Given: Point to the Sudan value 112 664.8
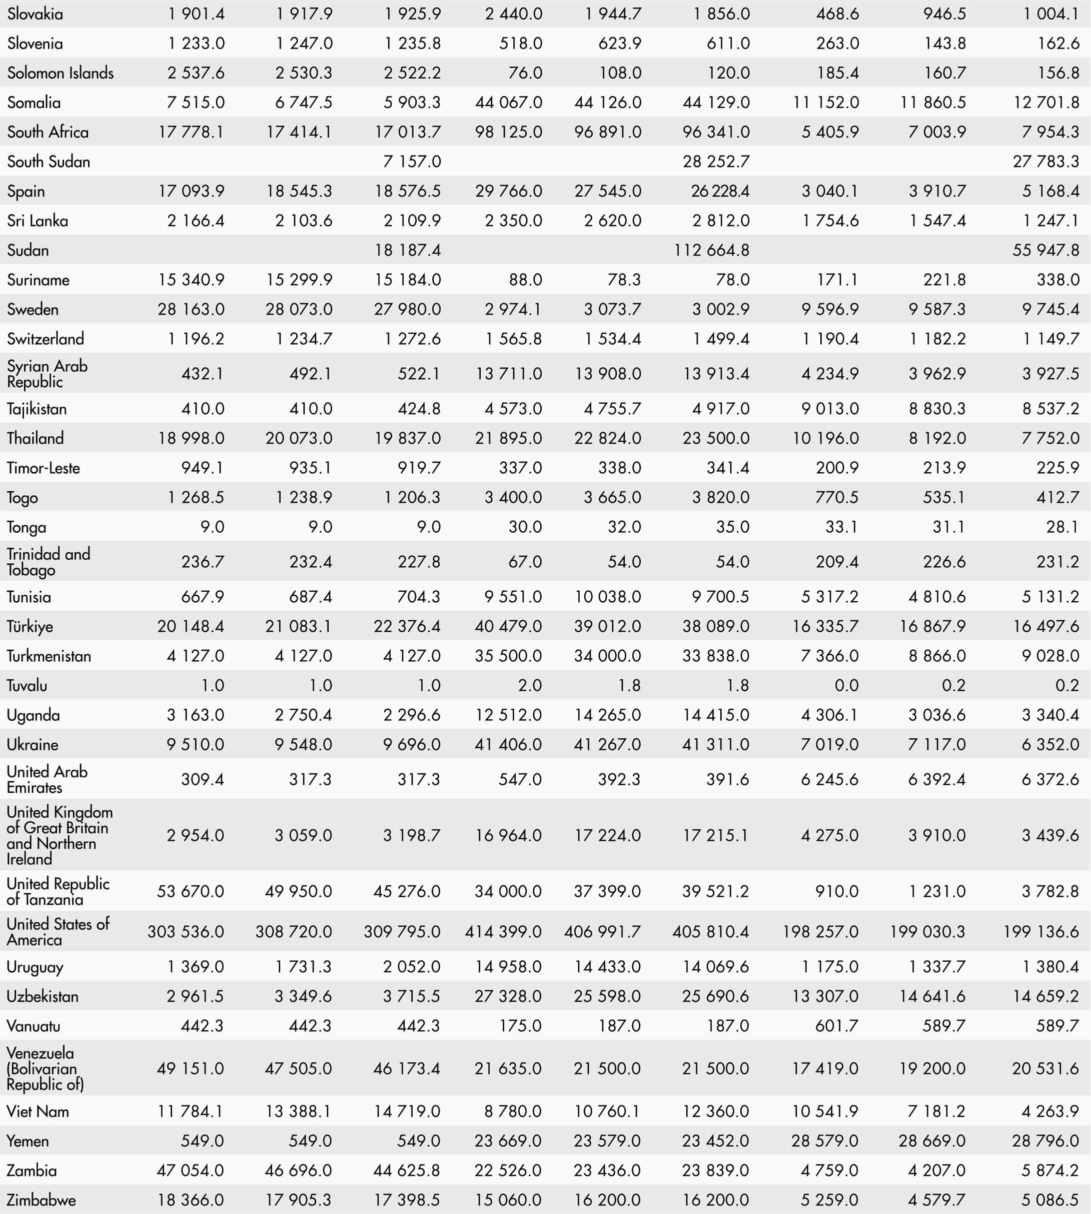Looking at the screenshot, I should [711, 250].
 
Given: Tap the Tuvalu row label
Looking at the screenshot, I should [27, 685].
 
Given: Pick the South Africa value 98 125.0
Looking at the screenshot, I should [508, 132].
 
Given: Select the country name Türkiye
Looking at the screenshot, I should [30, 626].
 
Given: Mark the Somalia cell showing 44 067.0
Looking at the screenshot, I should [508, 103].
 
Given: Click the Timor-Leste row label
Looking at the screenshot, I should [43, 468].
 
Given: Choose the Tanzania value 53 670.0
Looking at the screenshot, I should [191, 891].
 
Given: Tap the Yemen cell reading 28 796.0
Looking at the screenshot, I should [1045, 1141].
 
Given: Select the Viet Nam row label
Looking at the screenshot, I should [38, 1111].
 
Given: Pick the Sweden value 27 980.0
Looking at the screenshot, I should [407, 309].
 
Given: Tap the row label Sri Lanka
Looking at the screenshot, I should [37, 221].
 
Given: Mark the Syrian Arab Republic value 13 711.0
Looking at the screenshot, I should [508, 374].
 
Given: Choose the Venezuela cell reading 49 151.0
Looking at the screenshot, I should [191, 1068].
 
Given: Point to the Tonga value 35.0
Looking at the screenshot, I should [732, 527].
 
